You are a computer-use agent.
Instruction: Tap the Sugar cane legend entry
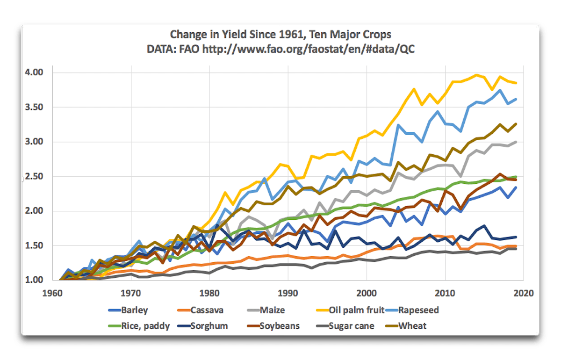coord(352,325)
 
